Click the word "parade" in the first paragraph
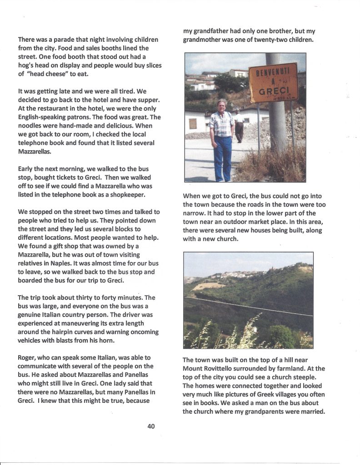click(x=62, y=40)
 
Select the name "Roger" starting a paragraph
click(x=28, y=358)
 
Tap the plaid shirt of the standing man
click(x=222, y=124)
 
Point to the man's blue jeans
click(x=222, y=157)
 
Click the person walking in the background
click(x=239, y=126)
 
